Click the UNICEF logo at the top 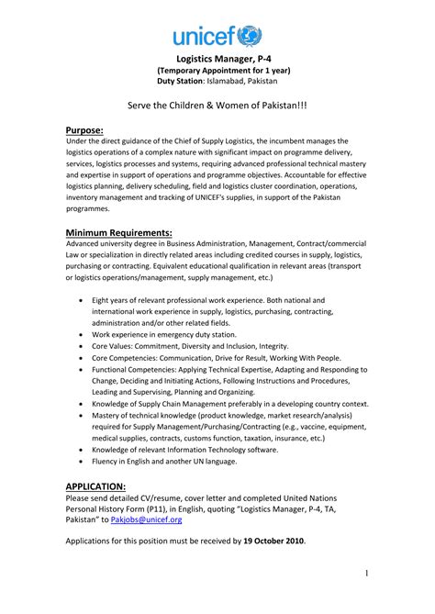217,36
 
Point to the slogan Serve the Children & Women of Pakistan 217,106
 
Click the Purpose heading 84,129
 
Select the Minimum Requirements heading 118,231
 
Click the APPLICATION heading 95,486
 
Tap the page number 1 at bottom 365,574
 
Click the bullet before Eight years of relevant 85,301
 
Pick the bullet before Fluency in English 85,463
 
